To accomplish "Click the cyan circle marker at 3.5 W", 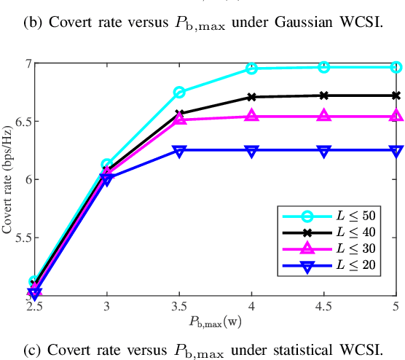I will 179,93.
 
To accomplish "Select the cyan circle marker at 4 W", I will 251,69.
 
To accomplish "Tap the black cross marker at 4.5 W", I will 324,95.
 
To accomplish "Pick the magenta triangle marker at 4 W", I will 251,116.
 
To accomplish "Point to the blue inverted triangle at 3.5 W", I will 179,150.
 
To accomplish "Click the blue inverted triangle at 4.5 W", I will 324,150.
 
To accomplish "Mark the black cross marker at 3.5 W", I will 179,114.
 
